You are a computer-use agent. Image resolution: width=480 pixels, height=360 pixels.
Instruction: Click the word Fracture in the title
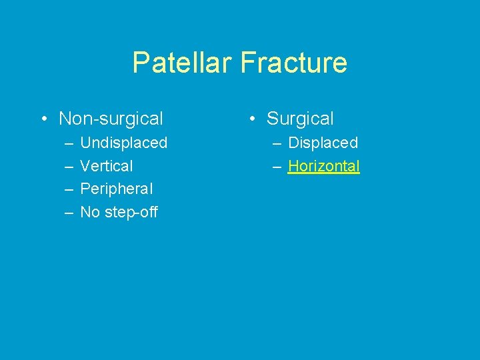point(294,63)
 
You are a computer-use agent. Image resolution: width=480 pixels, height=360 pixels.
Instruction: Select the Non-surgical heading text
point(111,119)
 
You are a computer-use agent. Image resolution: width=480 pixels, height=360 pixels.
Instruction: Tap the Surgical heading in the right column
point(300,119)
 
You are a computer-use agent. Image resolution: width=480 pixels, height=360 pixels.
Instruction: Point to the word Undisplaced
point(123,143)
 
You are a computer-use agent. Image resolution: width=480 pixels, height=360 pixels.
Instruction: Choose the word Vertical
point(107,166)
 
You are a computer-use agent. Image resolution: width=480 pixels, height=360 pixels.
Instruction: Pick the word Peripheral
point(116,189)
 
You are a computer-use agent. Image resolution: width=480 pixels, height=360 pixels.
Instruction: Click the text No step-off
point(119,213)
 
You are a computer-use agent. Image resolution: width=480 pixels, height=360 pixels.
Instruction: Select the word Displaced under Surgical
point(323,143)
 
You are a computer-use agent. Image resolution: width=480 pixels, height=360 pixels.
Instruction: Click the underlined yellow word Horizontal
point(323,166)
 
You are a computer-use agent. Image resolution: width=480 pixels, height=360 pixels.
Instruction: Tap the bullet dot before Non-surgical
point(43,119)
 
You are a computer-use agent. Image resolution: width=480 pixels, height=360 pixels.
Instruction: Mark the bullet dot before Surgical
point(251,119)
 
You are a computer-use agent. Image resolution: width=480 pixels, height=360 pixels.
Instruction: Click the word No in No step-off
point(89,213)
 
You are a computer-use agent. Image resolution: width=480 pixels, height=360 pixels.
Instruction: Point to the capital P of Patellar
point(140,63)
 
